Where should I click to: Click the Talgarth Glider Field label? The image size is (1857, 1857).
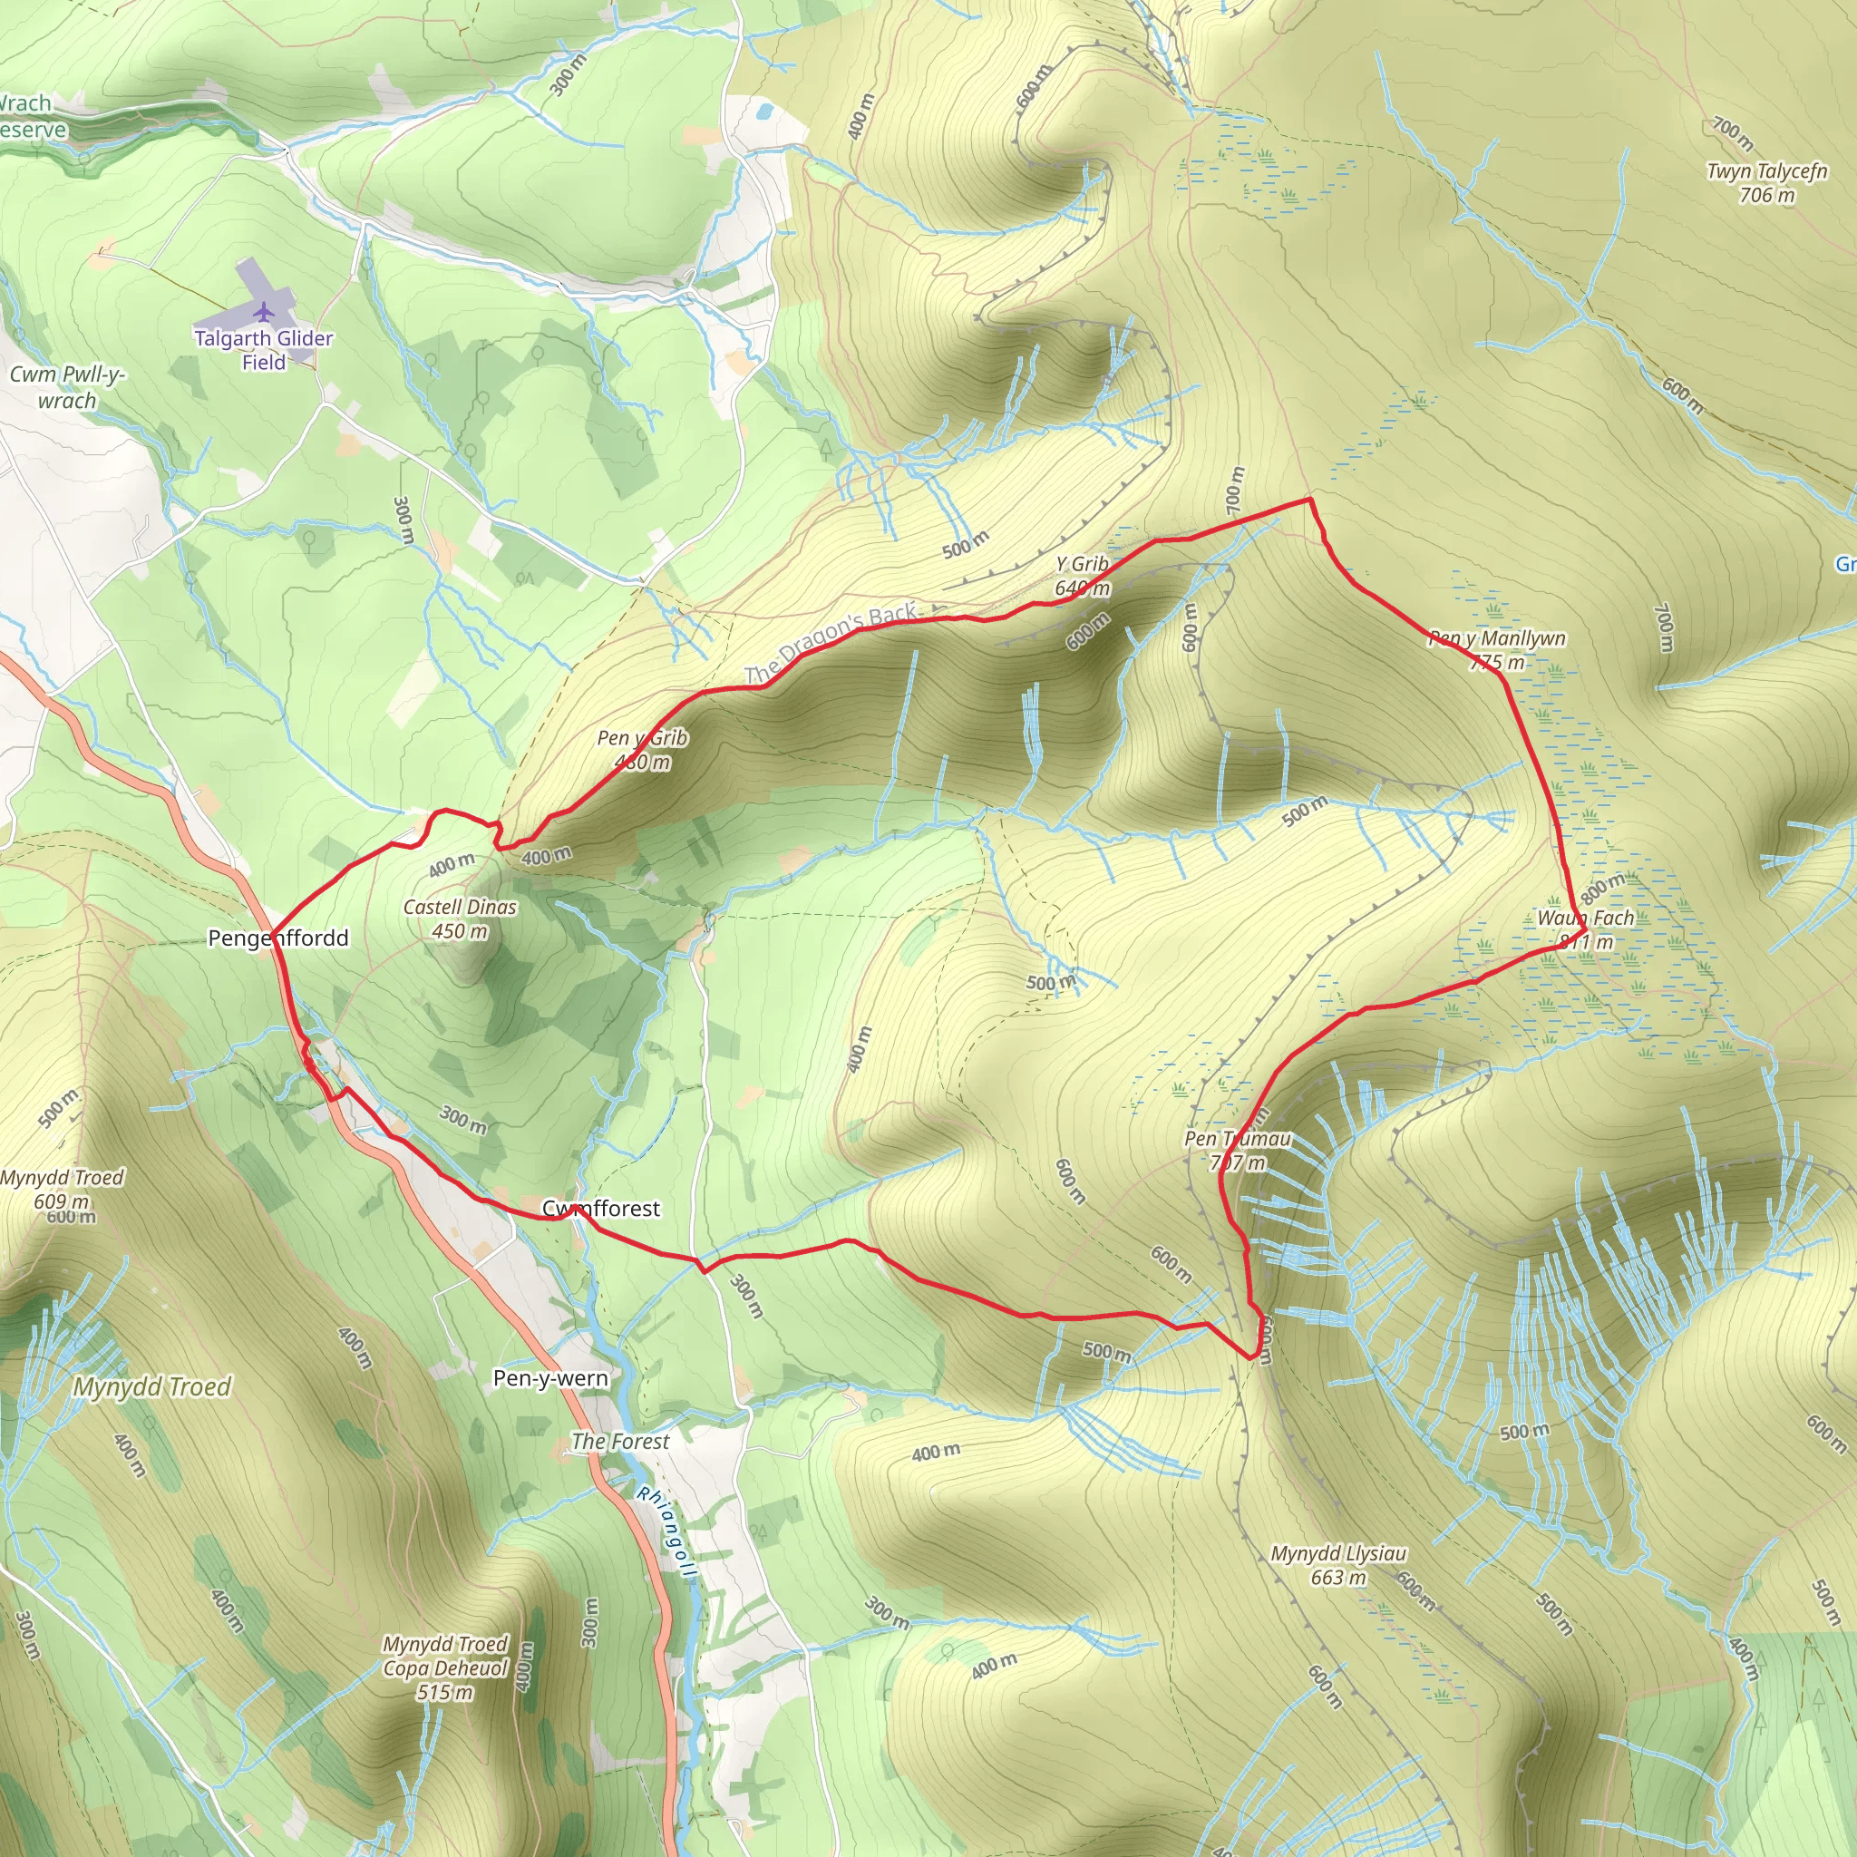(x=263, y=350)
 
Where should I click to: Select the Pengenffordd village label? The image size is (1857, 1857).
(x=277, y=938)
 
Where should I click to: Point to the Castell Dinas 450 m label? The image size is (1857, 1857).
(x=460, y=919)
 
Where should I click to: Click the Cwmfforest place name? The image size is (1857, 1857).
(x=601, y=1208)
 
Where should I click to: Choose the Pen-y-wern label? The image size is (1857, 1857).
(x=549, y=1378)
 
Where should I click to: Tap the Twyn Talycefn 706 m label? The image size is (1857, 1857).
(x=1766, y=182)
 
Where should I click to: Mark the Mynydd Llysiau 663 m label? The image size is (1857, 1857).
(x=1338, y=1565)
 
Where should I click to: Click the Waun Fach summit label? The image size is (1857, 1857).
(x=1585, y=929)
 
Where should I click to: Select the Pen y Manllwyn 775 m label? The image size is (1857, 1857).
(x=1496, y=650)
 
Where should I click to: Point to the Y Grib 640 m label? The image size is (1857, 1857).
(x=1082, y=576)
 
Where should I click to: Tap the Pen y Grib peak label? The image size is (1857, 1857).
(x=642, y=750)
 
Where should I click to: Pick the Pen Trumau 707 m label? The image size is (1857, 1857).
(x=1237, y=1151)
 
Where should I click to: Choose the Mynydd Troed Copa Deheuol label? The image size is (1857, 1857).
(x=445, y=1667)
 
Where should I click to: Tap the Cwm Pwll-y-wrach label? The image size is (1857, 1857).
(x=66, y=387)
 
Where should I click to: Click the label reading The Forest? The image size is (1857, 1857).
(x=620, y=1441)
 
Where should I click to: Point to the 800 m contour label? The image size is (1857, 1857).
(x=1602, y=887)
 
